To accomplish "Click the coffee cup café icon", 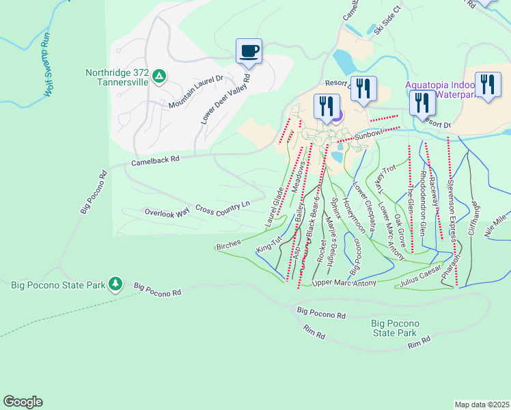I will (x=249, y=51).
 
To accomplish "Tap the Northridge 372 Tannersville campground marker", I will (x=158, y=75).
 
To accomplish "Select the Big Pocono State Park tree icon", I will (x=116, y=283).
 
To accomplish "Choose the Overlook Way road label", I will (x=167, y=213).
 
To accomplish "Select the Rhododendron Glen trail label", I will (x=423, y=204).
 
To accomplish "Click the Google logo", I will (x=23, y=402).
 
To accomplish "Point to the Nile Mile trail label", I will (x=497, y=224).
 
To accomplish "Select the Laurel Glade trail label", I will (x=275, y=208).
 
